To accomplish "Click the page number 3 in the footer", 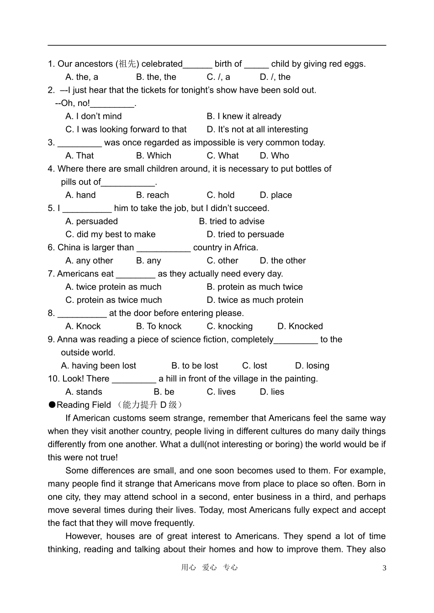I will (384, 568).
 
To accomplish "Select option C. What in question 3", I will (222, 156).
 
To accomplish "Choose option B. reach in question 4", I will (153, 195).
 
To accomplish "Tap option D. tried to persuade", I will (245, 234).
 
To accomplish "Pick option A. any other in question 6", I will (89, 261).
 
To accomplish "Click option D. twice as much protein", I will (255, 300).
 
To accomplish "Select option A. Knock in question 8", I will (83, 326).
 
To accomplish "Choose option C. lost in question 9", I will (254, 366).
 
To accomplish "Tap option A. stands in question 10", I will (84, 392).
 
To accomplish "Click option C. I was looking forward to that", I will (126, 130).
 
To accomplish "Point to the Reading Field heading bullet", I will (52, 405).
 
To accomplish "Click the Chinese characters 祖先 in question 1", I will (127, 64).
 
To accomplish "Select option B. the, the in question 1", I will (156, 77).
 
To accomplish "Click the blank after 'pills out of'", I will (128, 182).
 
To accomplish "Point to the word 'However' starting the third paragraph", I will (83, 536).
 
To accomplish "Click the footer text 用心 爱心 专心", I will (209, 567).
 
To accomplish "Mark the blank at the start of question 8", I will (82, 313).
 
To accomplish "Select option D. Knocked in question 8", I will (300, 326).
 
